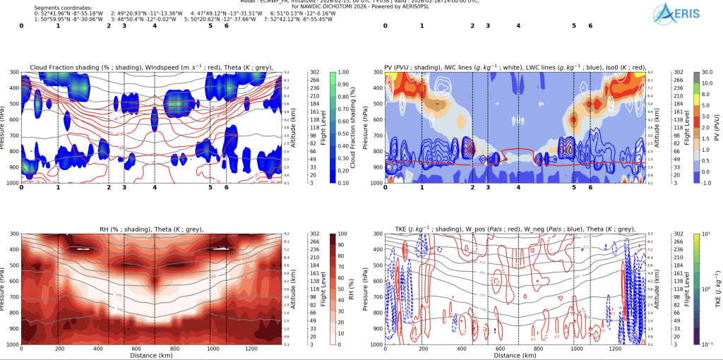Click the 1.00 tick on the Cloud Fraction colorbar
(345, 73)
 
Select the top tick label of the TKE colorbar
(707, 234)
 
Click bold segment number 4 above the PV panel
(518, 26)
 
